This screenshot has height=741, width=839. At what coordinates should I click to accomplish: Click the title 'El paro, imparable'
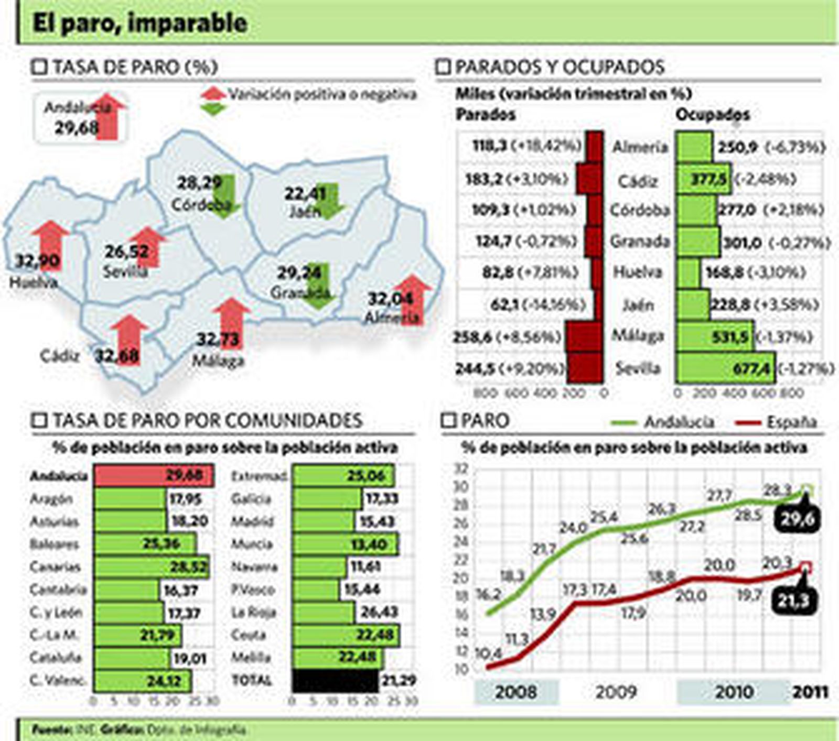[x=139, y=23]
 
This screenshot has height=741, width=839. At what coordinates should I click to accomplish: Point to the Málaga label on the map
[x=218, y=361]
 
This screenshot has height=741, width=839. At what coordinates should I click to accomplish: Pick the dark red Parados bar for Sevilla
[x=585, y=368]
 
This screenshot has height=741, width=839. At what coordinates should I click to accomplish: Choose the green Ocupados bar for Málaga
[x=714, y=336]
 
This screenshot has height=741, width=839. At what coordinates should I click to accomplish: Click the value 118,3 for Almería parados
[x=490, y=146]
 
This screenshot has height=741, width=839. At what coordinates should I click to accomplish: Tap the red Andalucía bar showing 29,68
[x=153, y=476]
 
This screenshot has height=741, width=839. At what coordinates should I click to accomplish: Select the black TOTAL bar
[x=335, y=681]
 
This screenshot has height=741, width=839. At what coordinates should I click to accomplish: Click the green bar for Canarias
[x=152, y=567]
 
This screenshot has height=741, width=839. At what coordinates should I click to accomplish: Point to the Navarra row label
[x=254, y=567]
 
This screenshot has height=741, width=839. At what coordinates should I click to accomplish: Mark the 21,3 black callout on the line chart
[x=793, y=602]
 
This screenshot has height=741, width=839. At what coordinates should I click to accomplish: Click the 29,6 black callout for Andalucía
[x=795, y=520]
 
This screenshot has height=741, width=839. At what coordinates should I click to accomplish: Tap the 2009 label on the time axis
[x=616, y=692]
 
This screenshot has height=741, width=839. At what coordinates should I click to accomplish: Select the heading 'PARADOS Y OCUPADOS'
[x=560, y=67]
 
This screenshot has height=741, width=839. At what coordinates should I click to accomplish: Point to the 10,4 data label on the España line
[x=488, y=654]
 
